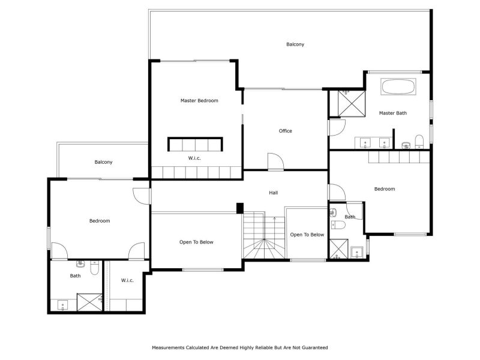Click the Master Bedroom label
(199, 100)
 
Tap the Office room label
(286, 131)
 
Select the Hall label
(274, 193)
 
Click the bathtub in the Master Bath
(398, 86)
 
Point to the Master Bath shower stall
(352, 103)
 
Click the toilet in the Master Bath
(419, 142)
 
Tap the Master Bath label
(393, 113)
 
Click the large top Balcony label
(295, 44)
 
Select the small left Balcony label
(103, 162)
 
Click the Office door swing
(275, 161)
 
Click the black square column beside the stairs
(239, 208)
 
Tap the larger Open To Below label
(196, 242)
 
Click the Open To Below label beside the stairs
(307, 235)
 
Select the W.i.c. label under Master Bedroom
(194, 158)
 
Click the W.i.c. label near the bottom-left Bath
(127, 280)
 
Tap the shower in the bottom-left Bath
(89, 302)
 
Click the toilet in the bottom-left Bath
(95, 268)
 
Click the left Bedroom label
(100, 221)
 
